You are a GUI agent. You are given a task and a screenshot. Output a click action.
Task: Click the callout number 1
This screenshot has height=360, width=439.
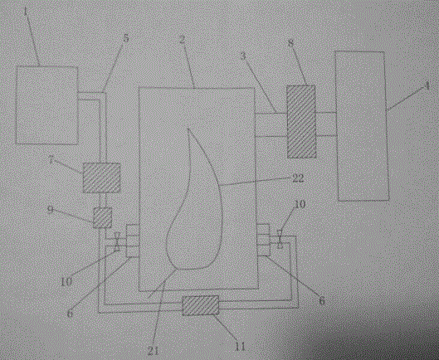[26, 12]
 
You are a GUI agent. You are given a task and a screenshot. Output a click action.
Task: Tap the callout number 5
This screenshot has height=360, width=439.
[126, 38]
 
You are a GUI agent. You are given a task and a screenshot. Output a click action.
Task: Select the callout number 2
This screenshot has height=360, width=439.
[182, 39]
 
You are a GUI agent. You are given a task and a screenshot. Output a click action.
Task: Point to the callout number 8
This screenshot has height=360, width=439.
[291, 43]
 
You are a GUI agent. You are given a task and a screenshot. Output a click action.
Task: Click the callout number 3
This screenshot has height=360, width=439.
[243, 56]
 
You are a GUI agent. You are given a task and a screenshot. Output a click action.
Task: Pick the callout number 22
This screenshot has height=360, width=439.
[298, 178]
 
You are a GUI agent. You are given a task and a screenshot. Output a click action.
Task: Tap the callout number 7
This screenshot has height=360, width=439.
[51, 160]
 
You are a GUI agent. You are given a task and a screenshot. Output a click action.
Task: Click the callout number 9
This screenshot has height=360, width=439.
[50, 209]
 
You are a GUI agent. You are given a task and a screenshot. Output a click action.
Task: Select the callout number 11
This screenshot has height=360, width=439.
[240, 347]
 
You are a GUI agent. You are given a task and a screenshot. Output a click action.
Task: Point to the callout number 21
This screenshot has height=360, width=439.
[154, 351]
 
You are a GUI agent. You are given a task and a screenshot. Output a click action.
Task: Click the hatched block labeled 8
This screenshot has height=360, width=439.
[301, 122]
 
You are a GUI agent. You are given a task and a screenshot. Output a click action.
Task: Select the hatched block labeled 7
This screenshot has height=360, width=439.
[101, 178]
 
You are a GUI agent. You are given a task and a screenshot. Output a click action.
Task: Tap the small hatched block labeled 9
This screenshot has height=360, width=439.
[102, 217]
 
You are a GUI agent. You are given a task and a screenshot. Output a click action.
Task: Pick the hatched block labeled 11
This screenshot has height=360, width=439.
[201, 305]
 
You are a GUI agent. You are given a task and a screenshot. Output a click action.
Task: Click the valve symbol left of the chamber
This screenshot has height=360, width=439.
[118, 241]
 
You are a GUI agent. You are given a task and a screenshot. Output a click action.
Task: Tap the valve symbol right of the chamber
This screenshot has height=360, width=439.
[280, 239]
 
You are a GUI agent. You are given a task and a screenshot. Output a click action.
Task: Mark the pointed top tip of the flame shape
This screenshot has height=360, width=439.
[188, 129]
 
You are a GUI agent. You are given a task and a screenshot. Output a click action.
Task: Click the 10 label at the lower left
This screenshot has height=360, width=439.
[66, 282]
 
